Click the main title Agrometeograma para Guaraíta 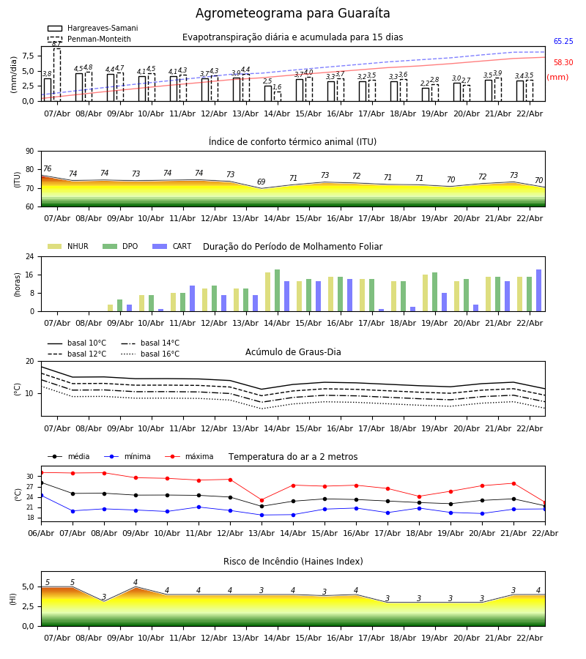point(293,14)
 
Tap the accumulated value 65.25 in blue point(563,42)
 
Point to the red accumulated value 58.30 point(563,63)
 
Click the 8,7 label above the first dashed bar point(56,44)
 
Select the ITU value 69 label point(262,182)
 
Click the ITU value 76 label point(47,169)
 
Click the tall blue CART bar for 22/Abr point(539,291)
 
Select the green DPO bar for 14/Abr point(277,291)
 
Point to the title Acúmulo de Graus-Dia point(293,352)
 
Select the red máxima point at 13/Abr point(262,500)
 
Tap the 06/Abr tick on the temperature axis point(41,532)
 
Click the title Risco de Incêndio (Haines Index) point(293,562)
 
